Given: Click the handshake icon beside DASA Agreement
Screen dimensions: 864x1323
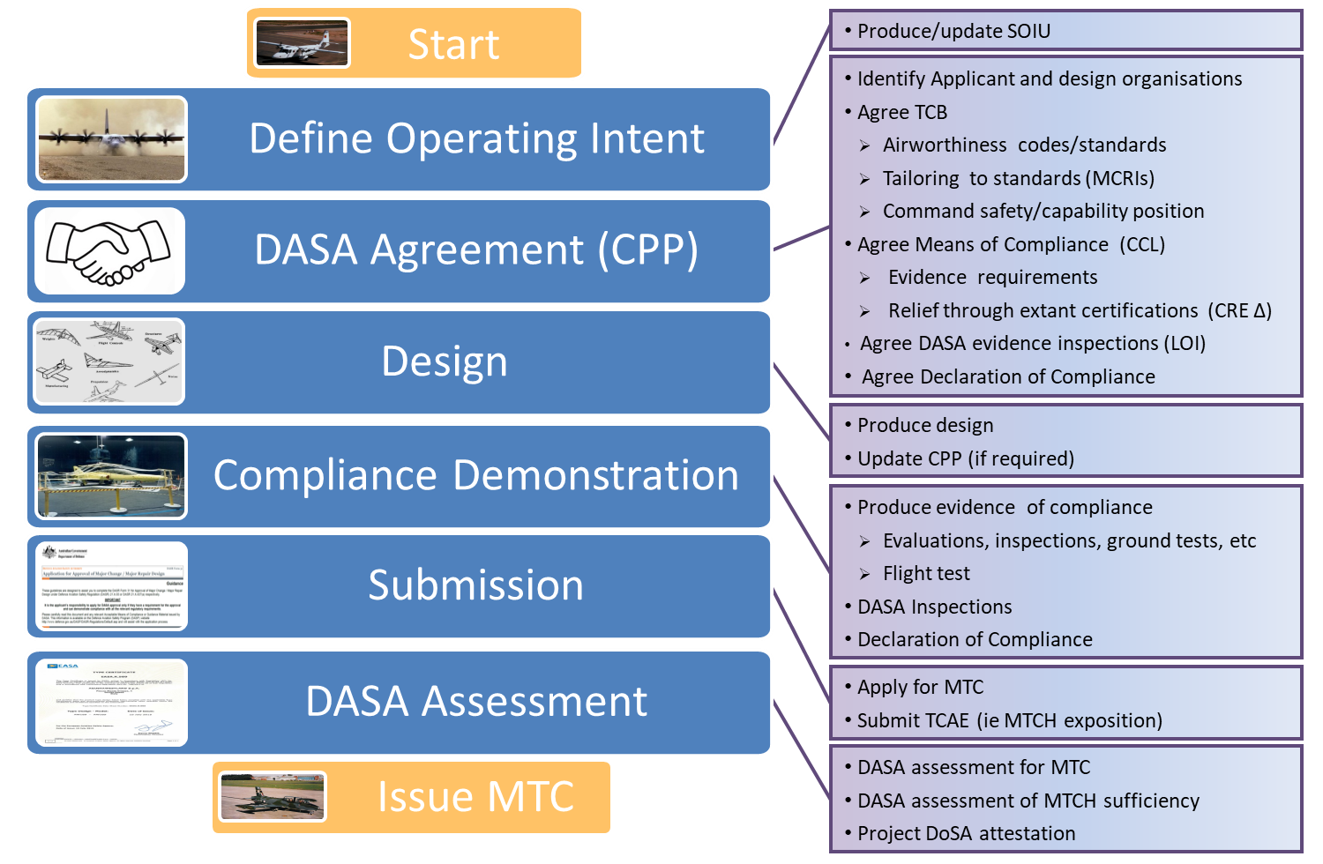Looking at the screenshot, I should (109, 251).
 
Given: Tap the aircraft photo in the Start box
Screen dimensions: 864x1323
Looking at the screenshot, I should (302, 43).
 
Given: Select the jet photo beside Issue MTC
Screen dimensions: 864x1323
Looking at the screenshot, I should (273, 796).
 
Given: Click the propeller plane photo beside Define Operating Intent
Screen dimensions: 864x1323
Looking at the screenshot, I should (112, 139).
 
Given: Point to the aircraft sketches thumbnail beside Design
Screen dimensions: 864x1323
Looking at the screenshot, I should (109, 361).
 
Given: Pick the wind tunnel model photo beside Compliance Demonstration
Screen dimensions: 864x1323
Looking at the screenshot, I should (111, 476).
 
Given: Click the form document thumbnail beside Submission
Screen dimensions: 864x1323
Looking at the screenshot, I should (112, 586).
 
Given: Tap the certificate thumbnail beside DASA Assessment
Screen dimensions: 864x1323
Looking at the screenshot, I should (112, 702).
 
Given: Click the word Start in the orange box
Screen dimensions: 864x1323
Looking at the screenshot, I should (453, 44).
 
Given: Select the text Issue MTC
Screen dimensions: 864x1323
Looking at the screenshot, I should (475, 797).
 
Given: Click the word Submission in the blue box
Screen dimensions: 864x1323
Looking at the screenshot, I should (475, 585).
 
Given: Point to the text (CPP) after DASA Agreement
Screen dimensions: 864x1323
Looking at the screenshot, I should (648, 250).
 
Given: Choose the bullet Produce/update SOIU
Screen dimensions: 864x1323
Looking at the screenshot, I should (953, 32).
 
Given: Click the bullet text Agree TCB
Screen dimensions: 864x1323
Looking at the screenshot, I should (901, 113).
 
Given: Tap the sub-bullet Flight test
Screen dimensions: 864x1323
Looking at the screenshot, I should (926, 574).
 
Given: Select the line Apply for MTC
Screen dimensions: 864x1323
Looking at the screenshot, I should (920, 688).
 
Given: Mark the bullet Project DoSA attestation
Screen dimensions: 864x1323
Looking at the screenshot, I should (966, 834).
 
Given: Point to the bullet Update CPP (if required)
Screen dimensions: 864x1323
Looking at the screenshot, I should (965, 459).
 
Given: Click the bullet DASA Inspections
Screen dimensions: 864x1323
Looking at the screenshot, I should (934, 607).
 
